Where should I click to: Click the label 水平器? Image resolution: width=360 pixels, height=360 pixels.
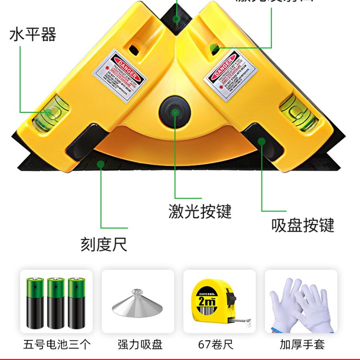[x=32, y=35]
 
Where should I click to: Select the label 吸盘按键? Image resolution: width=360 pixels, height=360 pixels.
[x=303, y=225]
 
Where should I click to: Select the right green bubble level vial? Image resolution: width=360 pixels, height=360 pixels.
[x=293, y=110]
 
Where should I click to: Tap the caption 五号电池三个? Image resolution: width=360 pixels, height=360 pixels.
[x=57, y=345]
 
